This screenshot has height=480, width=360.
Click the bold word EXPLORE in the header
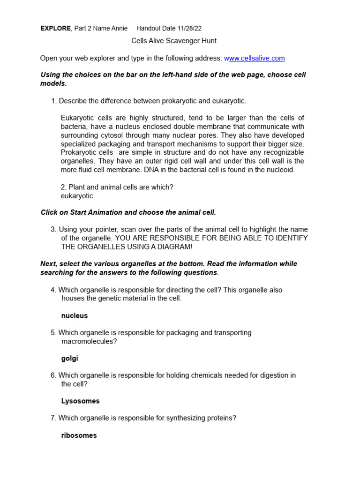pos(56,28)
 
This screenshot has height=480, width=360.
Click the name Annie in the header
pos(119,28)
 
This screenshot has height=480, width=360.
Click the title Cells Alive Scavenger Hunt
pos(174,41)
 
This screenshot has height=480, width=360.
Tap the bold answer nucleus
pos(75,316)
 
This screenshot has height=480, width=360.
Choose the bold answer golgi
pos(70,359)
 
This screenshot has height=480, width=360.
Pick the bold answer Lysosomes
pos(81,401)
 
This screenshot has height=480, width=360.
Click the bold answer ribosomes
pos(79,435)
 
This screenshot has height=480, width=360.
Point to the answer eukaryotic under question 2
pos(77,196)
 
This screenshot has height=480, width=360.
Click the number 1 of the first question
pos(53,101)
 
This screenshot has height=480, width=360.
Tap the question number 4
pos(53,290)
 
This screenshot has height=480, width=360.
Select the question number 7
pos(53,418)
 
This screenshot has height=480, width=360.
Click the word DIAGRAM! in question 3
pos(174,247)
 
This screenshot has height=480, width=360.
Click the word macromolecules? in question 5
pos(89,341)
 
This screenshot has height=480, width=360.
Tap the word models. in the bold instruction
pos(53,83)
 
